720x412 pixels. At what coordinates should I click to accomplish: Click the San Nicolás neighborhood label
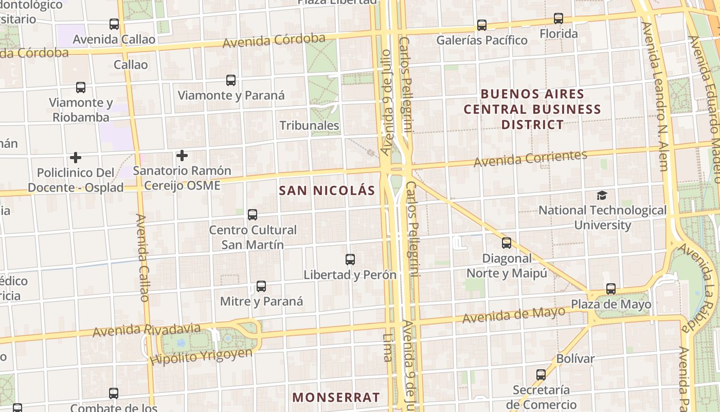coord(327,191)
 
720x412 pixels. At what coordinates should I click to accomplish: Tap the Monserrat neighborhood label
coord(336,398)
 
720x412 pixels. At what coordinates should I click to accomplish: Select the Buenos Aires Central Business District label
coord(532,109)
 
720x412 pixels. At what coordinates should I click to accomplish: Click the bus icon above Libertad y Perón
coord(350,260)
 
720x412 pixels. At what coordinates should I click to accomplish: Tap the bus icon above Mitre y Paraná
coord(261,286)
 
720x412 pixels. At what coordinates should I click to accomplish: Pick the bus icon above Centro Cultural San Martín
coord(253,215)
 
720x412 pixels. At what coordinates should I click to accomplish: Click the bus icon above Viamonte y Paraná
coord(231,80)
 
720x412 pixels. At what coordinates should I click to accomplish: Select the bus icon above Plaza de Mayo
coord(611,289)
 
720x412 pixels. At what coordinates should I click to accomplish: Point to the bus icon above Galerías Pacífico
coord(482,25)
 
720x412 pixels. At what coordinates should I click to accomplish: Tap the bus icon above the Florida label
coord(559,19)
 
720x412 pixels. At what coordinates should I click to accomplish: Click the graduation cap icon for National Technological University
coord(602,195)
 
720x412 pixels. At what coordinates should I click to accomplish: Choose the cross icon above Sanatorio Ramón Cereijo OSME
coord(182,155)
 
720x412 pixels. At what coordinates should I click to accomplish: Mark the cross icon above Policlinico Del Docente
coord(76,157)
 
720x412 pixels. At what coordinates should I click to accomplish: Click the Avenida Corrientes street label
coord(530,159)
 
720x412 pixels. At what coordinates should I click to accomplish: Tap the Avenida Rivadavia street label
coord(147,330)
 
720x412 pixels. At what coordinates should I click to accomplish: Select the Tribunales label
coord(309,125)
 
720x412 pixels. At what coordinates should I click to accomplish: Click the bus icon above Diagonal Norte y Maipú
coord(507,243)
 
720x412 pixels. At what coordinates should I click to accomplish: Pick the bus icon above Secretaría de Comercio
coord(541,375)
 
